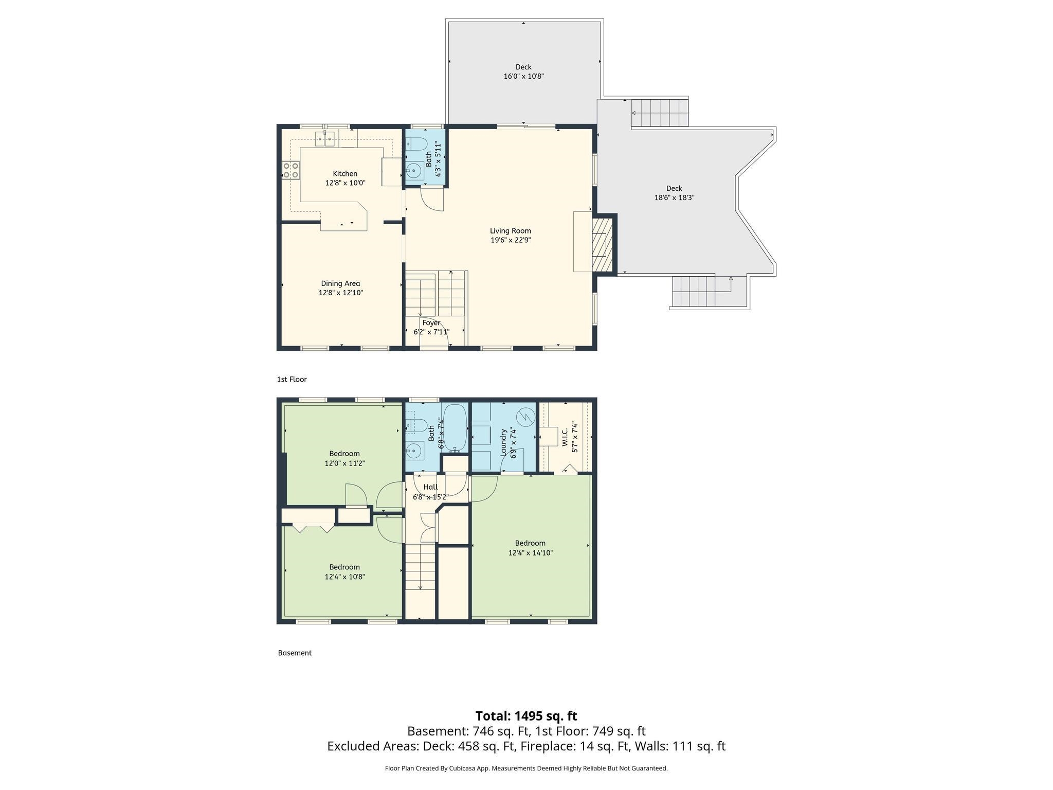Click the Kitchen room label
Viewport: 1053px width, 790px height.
tap(345, 174)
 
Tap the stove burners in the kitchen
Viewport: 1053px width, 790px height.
tap(290, 170)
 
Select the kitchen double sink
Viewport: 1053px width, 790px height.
tap(325, 138)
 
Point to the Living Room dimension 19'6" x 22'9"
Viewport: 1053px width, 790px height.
tap(510, 240)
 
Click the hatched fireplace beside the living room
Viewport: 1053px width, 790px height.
tap(602, 245)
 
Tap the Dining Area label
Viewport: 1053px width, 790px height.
tap(340, 283)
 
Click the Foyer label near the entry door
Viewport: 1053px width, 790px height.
tap(431, 323)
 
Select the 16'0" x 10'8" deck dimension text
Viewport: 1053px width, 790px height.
tap(523, 77)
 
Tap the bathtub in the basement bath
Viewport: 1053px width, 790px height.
tap(455, 427)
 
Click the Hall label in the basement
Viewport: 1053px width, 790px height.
tap(430, 487)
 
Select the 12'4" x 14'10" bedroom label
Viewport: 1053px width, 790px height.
tap(530, 553)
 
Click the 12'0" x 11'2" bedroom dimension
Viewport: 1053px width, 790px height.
tap(344, 463)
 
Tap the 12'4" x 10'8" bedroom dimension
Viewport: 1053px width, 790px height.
tap(344, 577)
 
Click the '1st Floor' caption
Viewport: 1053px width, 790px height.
tap(292, 380)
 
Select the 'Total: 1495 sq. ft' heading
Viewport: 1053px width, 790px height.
tap(526, 716)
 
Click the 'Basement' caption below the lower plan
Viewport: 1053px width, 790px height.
tap(295, 653)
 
